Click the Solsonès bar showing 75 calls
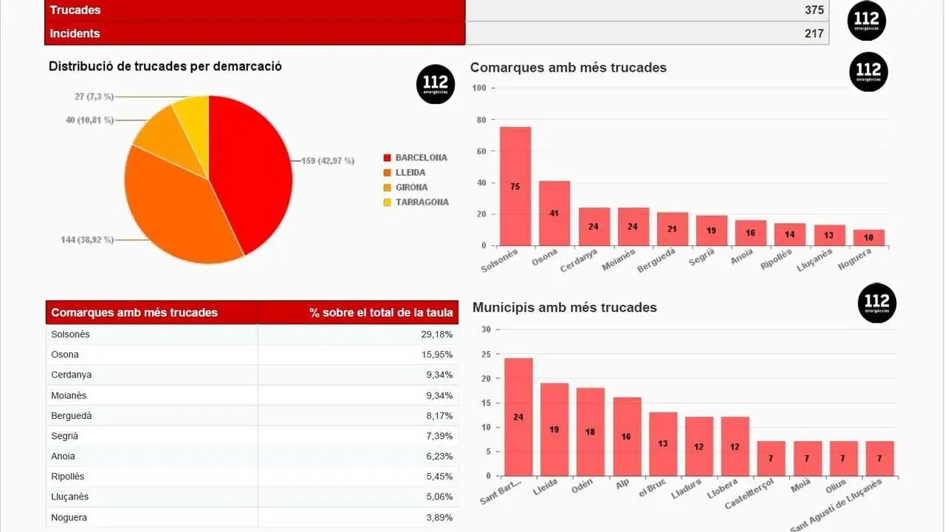pyautogui.click(x=515, y=186)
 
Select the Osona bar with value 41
pyautogui.click(x=554, y=213)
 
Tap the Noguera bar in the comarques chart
pyautogui.click(x=869, y=238)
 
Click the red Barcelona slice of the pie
pyautogui.click(x=251, y=170)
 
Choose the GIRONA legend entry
pyautogui.click(x=411, y=187)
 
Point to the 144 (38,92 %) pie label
pyautogui.click(x=87, y=239)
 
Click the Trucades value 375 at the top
pyautogui.click(x=814, y=10)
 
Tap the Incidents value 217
pyautogui.click(x=814, y=33)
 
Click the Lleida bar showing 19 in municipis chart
pyautogui.click(x=554, y=429)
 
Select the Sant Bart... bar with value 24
pyautogui.click(x=518, y=417)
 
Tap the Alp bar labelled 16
pyautogui.click(x=627, y=437)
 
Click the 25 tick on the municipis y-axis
pyautogui.click(x=486, y=354)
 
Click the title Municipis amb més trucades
pyautogui.click(x=564, y=307)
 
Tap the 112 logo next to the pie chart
pyautogui.click(x=435, y=84)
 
